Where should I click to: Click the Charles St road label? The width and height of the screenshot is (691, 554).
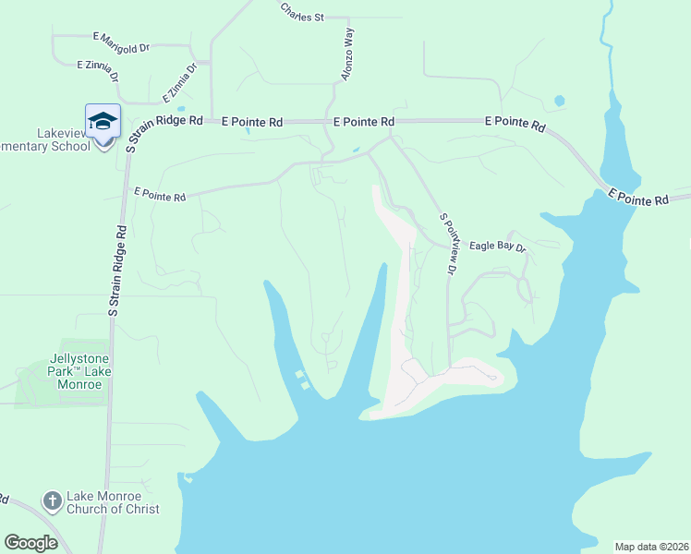tap(302, 17)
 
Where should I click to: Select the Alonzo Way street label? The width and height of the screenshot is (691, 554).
tap(347, 54)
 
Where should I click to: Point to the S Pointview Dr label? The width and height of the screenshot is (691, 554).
tap(448, 244)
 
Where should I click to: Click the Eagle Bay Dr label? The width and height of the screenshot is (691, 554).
tap(497, 247)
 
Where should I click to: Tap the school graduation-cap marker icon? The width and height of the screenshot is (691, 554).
tap(103, 121)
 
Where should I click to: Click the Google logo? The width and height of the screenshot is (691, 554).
tap(30, 542)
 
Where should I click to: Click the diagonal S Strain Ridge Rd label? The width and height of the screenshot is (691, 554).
tap(164, 132)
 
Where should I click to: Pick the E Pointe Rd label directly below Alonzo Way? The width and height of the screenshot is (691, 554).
tap(363, 122)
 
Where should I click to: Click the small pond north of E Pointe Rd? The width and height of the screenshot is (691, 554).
tap(559, 101)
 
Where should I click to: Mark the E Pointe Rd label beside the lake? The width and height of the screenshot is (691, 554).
tap(638, 197)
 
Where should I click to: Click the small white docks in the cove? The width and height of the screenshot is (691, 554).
tap(300, 379)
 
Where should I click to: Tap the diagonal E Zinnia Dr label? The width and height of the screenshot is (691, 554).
tap(179, 82)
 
